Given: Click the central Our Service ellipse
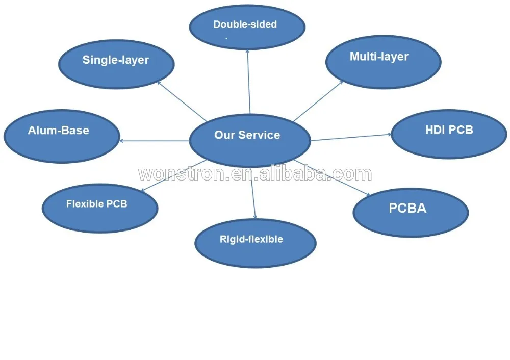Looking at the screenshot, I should tap(249, 140).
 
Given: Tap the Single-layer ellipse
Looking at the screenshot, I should tap(116, 64).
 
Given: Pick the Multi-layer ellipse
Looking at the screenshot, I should tap(383, 62).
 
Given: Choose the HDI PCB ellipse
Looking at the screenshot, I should tap(449, 134).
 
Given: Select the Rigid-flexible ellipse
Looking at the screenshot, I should tap(255, 243).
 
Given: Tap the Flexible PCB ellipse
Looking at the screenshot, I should tap(100, 208).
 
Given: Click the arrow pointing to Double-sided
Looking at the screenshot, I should tap(248, 82).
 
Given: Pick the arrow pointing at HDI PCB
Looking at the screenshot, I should tap(351, 137).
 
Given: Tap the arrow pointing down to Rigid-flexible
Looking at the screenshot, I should tap(253, 194).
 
